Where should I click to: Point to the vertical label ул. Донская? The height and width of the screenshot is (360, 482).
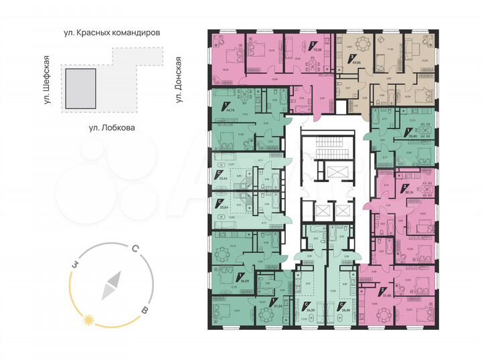pyautogui.click(x=179, y=80)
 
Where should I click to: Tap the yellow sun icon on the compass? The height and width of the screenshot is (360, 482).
pyautogui.click(x=86, y=321)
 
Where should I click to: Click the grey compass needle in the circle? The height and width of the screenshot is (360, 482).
pyautogui.click(x=111, y=286)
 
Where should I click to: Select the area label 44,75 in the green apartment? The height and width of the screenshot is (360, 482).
pyautogui.click(x=231, y=108)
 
